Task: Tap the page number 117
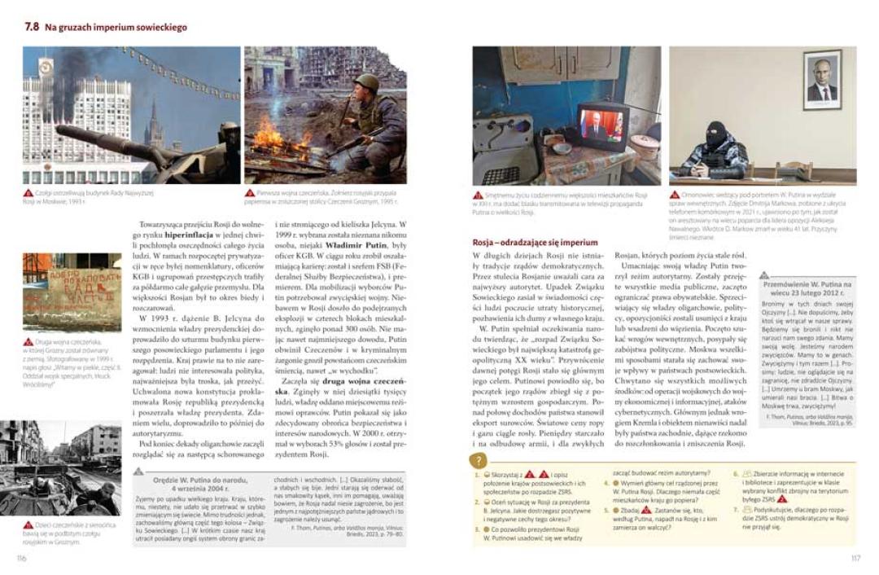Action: [855, 558]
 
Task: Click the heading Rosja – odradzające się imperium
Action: [535, 243]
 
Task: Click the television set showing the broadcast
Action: [601, 125]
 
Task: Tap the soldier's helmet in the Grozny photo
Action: [367, 82]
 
